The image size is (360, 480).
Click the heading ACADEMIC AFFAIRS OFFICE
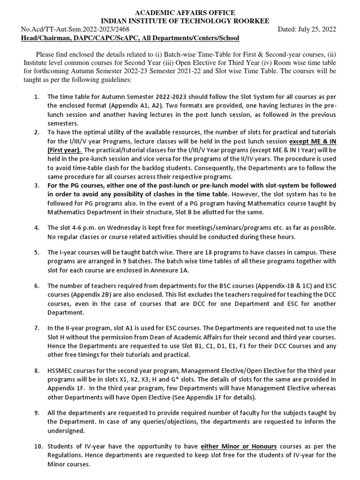180,12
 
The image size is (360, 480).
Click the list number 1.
36,96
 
